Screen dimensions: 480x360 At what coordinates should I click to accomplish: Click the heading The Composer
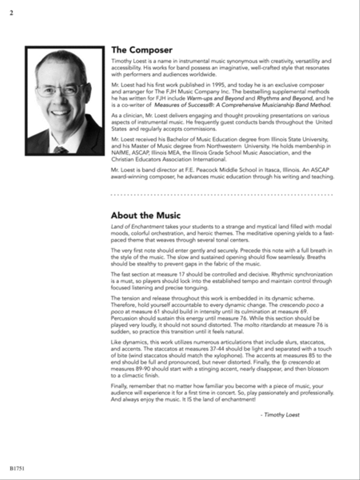pos(142,50)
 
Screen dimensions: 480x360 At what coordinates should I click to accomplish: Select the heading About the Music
pos(146,215)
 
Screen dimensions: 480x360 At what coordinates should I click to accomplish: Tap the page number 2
pos(11,13)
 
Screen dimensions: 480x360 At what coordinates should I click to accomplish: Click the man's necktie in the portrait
pos(61,150)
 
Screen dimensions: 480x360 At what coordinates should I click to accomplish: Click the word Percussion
pos(125,318)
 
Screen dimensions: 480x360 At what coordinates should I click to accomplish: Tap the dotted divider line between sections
pos(222,195)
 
